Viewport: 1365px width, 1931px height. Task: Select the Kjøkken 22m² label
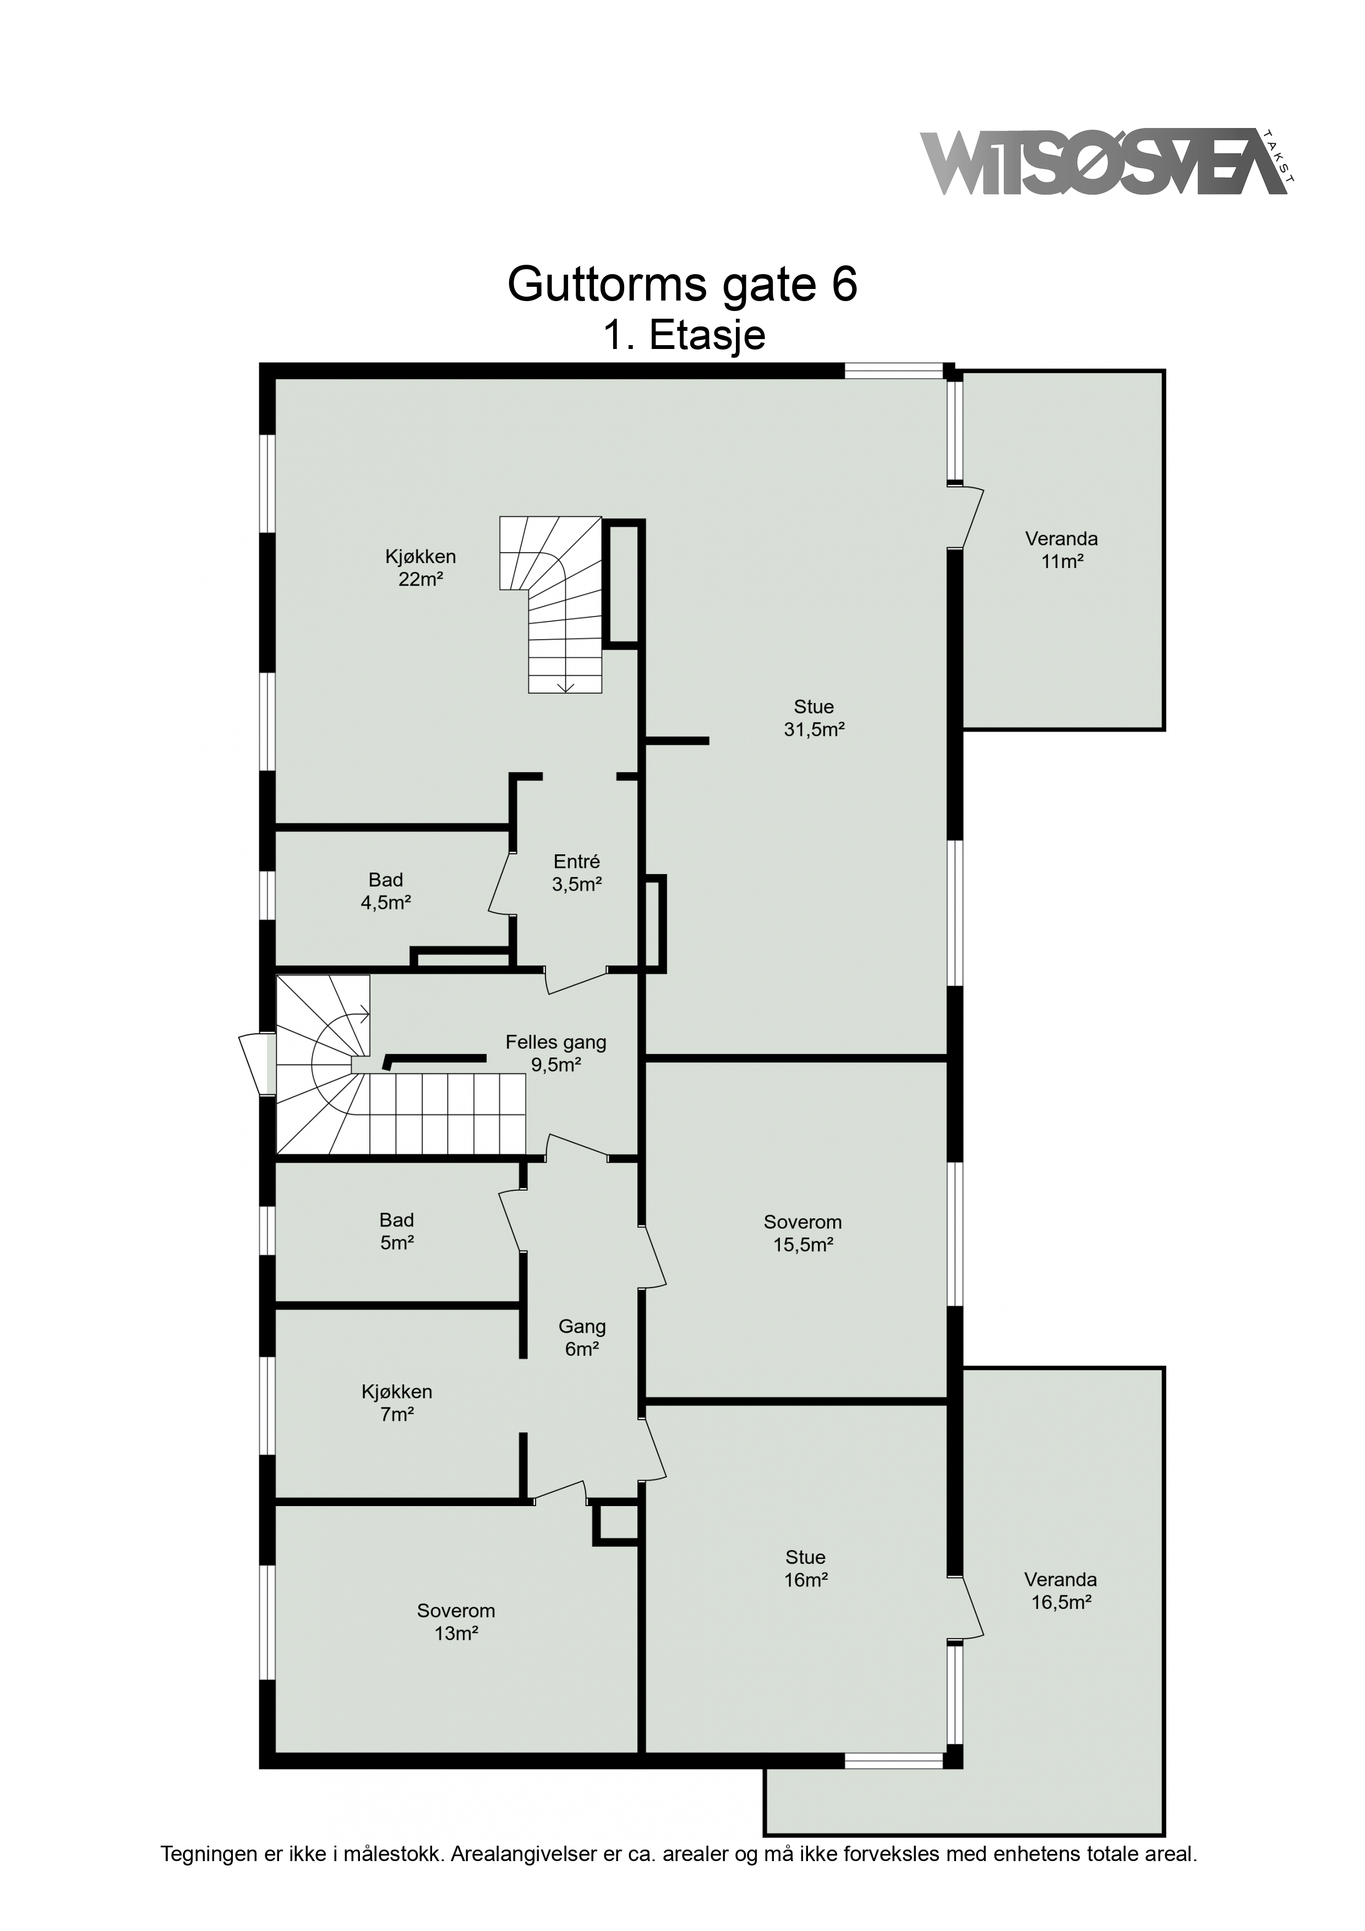pyautogui.click(x=421, y=568)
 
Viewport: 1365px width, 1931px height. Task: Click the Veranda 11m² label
pyautogui.click(x=1061, y=550)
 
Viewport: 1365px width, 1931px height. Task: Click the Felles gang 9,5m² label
pyautogui.click(x=556, y=1054)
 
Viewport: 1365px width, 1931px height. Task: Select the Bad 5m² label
pyautogui.click(x=396, y=1231)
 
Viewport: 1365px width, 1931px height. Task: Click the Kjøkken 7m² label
pyautogui.click(x=397, y=1403)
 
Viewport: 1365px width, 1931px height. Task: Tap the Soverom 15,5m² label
pyautogui.click(x=802, y=1234)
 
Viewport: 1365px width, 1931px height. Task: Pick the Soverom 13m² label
pyautogui.click(x=456, y=1622)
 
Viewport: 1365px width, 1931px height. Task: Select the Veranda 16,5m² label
pyautogui.click(x=1061, y=1591)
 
